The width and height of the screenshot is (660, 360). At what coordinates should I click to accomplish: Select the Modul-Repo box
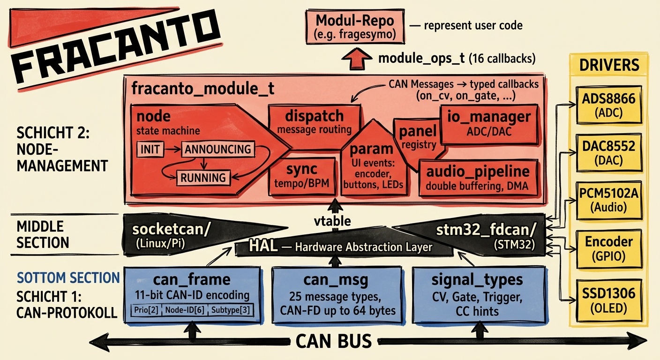tap(355, 26)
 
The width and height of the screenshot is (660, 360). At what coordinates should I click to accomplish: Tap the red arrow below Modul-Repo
tap(355, 59)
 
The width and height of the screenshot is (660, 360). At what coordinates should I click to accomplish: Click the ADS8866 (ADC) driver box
tap(609, 105)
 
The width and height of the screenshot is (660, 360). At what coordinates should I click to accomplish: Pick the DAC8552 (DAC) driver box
tap(609, 152)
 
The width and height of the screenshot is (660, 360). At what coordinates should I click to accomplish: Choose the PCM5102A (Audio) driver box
tap(609, 200)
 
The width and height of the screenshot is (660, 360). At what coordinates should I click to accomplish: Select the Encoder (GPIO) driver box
tap(609, 247)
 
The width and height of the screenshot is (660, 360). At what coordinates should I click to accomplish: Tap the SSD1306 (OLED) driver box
tap(609, 299)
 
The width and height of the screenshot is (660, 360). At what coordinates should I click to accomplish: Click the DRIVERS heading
tap(609, 65)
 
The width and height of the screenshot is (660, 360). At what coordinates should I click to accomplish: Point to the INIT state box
tap(150, 150)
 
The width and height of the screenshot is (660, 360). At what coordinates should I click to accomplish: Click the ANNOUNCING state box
tap(217, 150)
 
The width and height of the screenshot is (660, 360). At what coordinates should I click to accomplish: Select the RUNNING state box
tap(204, 178)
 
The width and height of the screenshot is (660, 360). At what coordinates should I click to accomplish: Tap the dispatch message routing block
tap(314, 121)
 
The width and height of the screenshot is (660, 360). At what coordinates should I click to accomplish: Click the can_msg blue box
tap(336, 294)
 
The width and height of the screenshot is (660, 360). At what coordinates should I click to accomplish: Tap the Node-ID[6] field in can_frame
tap(184, 310)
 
